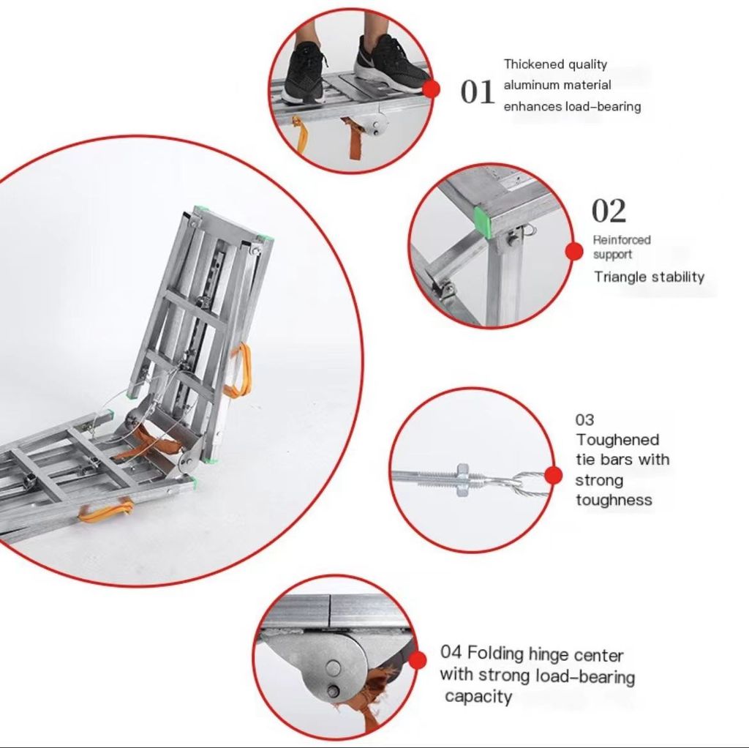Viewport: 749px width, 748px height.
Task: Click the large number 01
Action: [x=477, y=91]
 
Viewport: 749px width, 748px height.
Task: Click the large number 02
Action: [x=609, y=211]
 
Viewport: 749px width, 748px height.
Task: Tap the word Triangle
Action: [x=620, y=277]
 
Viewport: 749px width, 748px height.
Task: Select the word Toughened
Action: [x=617, y=439]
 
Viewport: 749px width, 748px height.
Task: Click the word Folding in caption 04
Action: [x=495, y=653]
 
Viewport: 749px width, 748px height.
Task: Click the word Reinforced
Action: [x=622, y=239]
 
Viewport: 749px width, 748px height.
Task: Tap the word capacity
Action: [x=478, y=697]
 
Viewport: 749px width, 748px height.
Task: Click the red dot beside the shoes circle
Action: [x=432, y=89]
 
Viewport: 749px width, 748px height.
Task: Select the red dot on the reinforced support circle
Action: [x=574, y=251]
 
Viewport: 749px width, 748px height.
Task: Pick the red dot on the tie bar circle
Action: [x=553, y=476]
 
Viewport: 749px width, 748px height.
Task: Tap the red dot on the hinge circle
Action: [x=418, y=660]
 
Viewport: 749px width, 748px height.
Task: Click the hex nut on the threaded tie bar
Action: [x=462, y=479]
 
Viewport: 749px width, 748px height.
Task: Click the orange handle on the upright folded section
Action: [x=239, y=370]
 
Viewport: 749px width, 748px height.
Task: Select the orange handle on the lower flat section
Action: [x=106, y=509]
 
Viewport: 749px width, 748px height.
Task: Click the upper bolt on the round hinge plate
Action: [x=333, y=667]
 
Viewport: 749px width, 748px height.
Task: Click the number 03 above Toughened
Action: [x=584, y=419]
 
